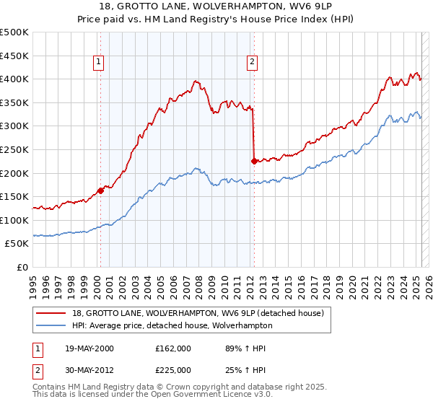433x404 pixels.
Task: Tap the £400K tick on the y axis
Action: (x=14, y=79)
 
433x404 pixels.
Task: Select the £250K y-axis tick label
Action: (x=14, y=149)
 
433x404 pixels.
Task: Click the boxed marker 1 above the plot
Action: (x=98, y=63)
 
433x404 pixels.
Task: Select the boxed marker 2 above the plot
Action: (x=252, y=63)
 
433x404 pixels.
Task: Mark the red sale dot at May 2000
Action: (x=100, y=191)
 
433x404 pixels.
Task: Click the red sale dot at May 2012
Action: (x=254, y=162)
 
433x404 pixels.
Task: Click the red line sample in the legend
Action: (x=52, y=313)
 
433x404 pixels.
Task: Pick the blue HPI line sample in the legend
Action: (x=52, y=325)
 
